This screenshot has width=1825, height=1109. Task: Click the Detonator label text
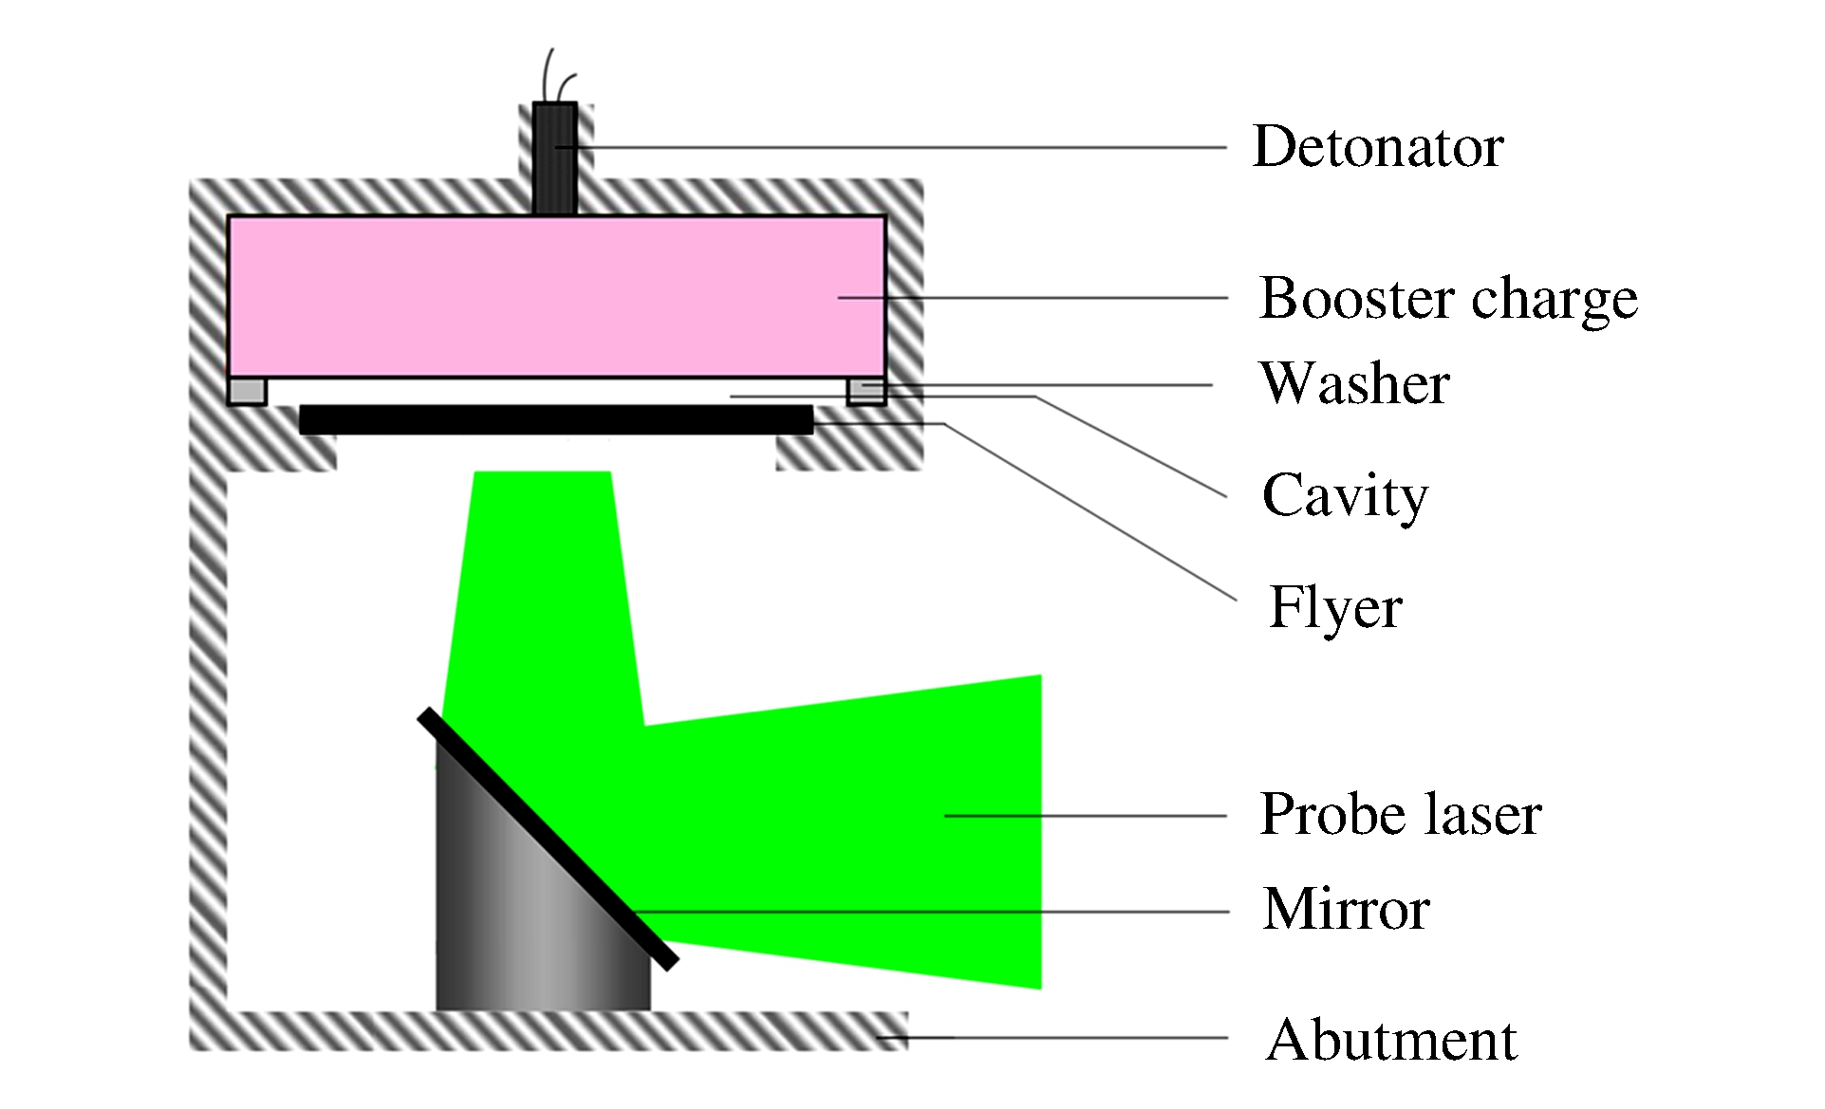[1377, 147]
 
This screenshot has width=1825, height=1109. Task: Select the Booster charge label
[1447, 299]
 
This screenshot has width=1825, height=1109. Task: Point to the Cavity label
[1344, 495]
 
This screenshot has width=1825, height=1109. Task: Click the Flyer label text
[1335, 607]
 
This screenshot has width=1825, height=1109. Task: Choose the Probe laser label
[1400, 814]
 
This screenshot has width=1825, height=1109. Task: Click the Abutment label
[1390, 1040]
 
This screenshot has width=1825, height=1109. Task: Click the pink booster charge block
[556, 296]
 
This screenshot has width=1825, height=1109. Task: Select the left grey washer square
[247, 391]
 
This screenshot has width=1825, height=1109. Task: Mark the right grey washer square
[866, 390]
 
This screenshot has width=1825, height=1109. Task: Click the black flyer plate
[556, 419]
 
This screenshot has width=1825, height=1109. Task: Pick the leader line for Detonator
[902, 147]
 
